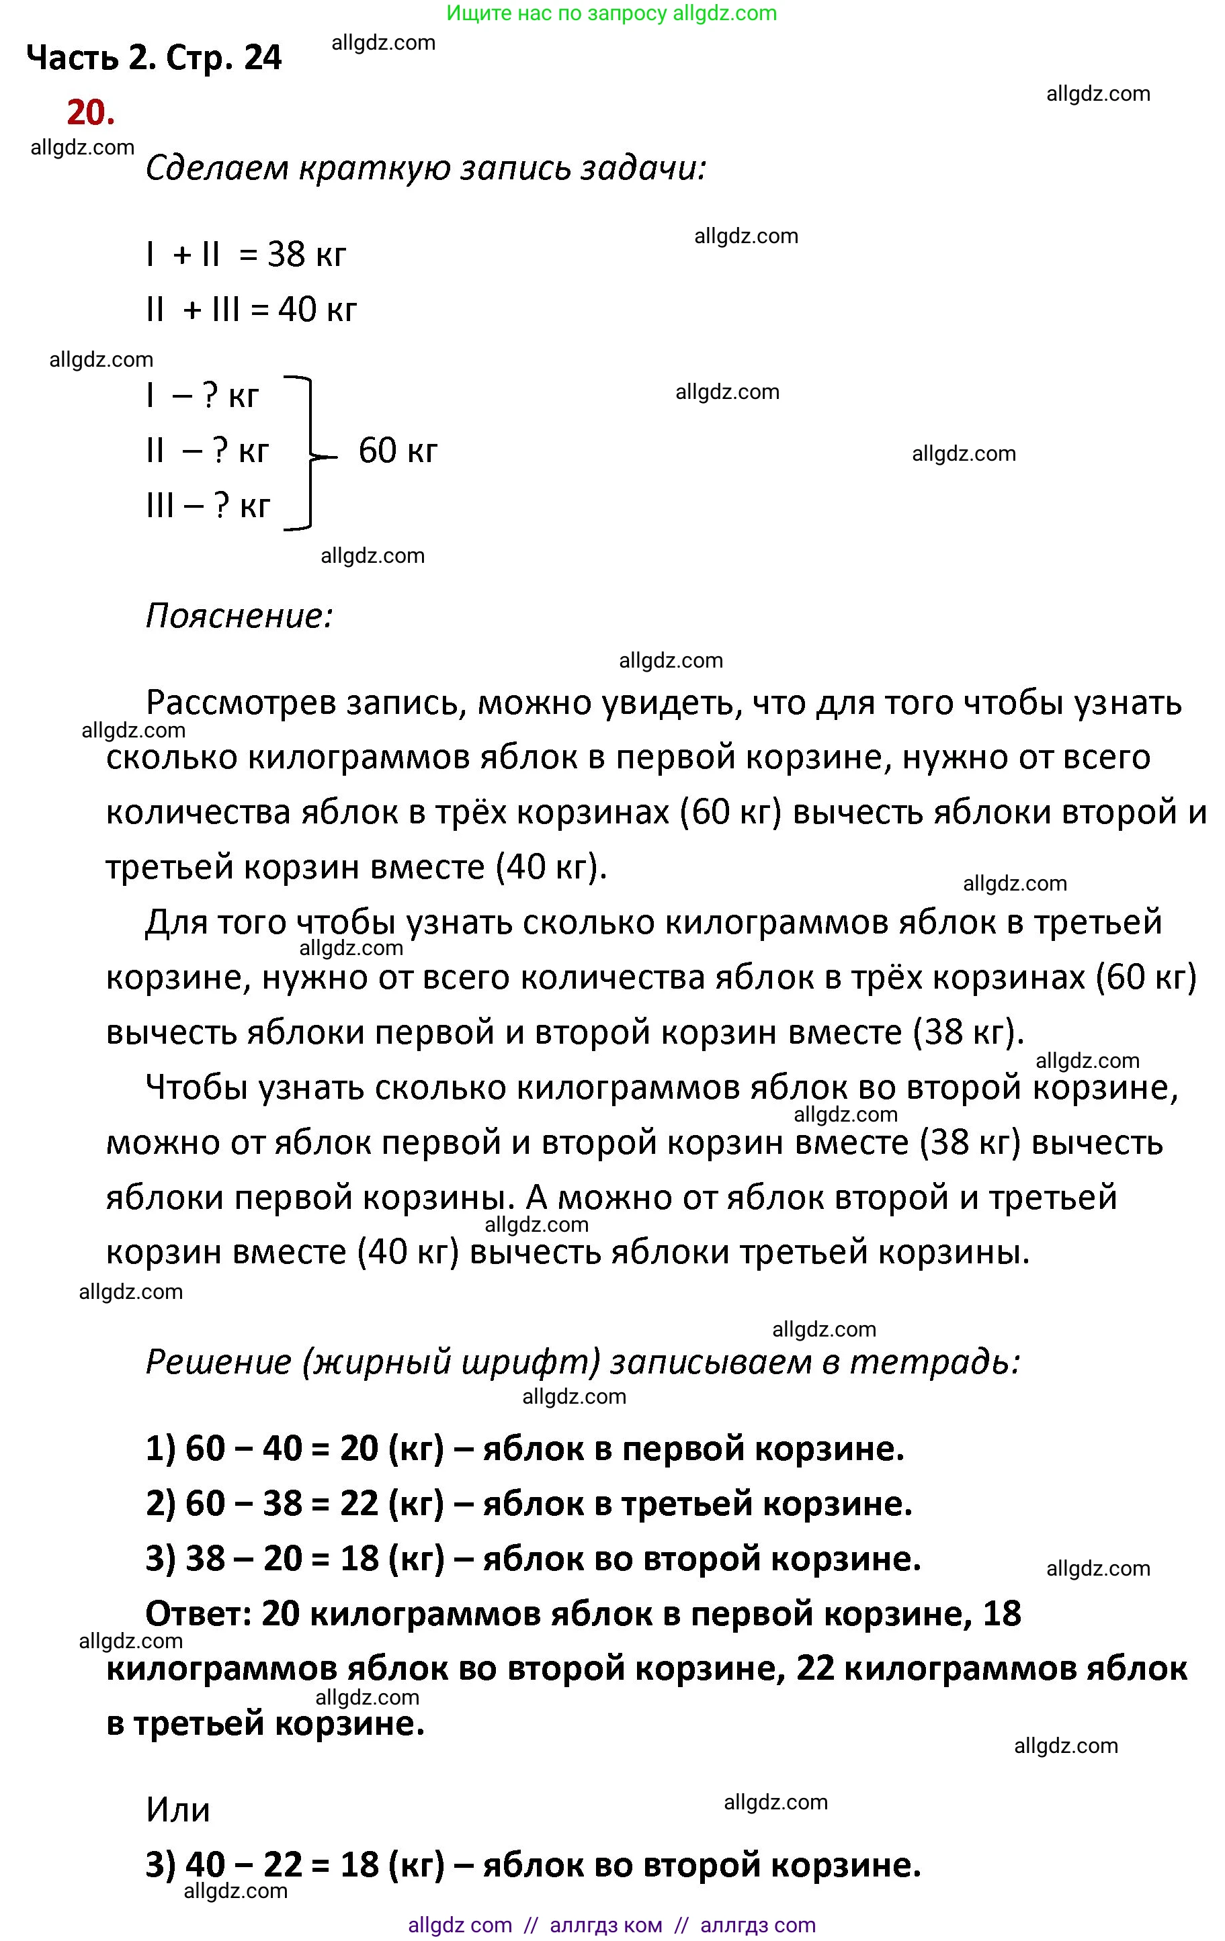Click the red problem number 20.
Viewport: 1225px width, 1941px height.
point(90,113)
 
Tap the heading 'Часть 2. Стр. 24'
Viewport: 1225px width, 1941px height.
point(154,58)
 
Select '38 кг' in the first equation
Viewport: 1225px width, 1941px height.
point(306,255)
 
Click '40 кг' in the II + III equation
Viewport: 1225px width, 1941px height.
point(317,310)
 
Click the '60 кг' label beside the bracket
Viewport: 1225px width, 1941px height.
point(398,451)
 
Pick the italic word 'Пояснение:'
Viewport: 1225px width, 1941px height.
point(239,617)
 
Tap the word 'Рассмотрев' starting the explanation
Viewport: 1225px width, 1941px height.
point(241,704)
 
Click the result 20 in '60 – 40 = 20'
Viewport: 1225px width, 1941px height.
point(359,1449)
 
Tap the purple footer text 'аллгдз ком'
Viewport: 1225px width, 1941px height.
point(605,1926)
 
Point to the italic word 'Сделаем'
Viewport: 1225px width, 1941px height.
point(216,169)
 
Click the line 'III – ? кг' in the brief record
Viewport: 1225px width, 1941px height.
point(208,506)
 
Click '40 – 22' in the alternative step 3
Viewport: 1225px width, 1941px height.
point(243,1865)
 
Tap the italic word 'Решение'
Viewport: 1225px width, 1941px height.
point(218,1362)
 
